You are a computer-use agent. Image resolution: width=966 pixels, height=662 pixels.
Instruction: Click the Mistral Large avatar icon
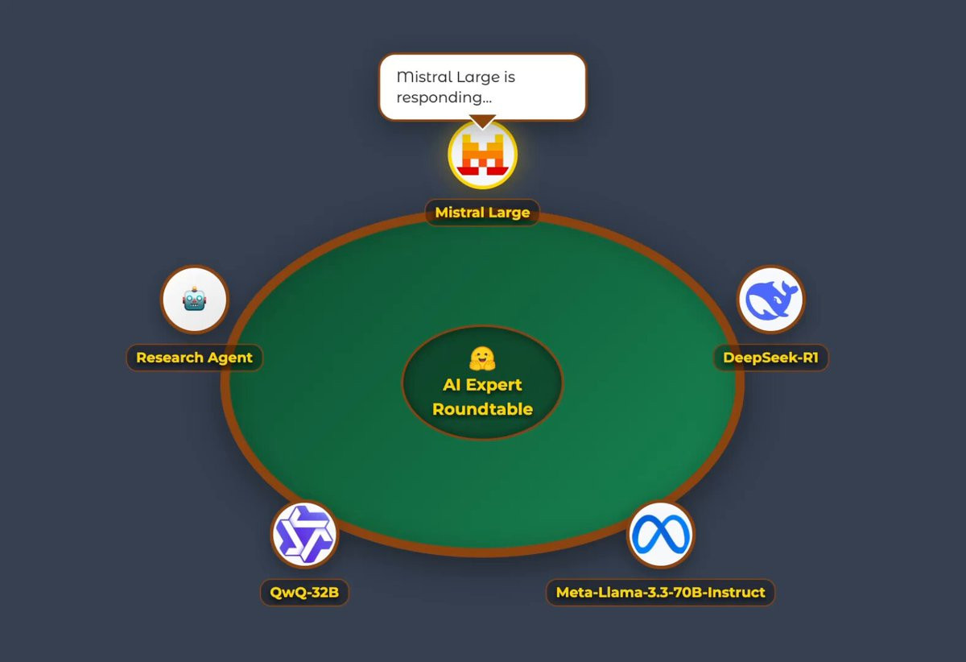click(482, 154)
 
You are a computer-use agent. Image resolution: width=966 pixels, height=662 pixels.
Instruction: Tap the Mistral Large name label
click(482, 213)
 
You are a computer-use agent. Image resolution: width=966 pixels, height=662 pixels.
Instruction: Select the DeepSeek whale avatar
click(770, 300)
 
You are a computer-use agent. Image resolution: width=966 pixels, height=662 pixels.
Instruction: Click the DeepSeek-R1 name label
click(770, 358)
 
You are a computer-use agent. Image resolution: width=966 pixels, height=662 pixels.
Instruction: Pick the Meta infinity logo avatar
click(660, 534)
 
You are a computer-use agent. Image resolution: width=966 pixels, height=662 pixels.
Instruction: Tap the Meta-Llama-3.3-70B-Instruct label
click(660, 593)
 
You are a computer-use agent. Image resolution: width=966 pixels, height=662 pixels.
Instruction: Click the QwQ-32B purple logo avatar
click(303, 534)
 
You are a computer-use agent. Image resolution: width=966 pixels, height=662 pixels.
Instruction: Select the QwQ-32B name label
click(304, 593)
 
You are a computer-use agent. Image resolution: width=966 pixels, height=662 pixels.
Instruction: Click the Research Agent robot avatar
click(195, 300)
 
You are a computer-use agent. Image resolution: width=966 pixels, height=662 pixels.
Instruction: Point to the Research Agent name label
click(194, 358)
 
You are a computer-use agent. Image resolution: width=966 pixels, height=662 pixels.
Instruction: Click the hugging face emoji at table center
click(481, 358)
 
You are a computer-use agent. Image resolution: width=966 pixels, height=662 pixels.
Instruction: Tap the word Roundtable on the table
click(482, 409)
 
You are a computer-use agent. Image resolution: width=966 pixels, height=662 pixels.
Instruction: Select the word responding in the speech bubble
click(439, 97)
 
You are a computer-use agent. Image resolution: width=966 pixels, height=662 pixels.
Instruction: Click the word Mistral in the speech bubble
click(423, 77)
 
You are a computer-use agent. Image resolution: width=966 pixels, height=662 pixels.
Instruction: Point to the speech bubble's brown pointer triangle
click(481, 122)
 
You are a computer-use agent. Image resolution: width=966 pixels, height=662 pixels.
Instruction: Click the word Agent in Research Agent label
click(232, 358)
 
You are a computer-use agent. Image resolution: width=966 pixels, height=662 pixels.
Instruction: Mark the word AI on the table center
click(452, 385)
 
